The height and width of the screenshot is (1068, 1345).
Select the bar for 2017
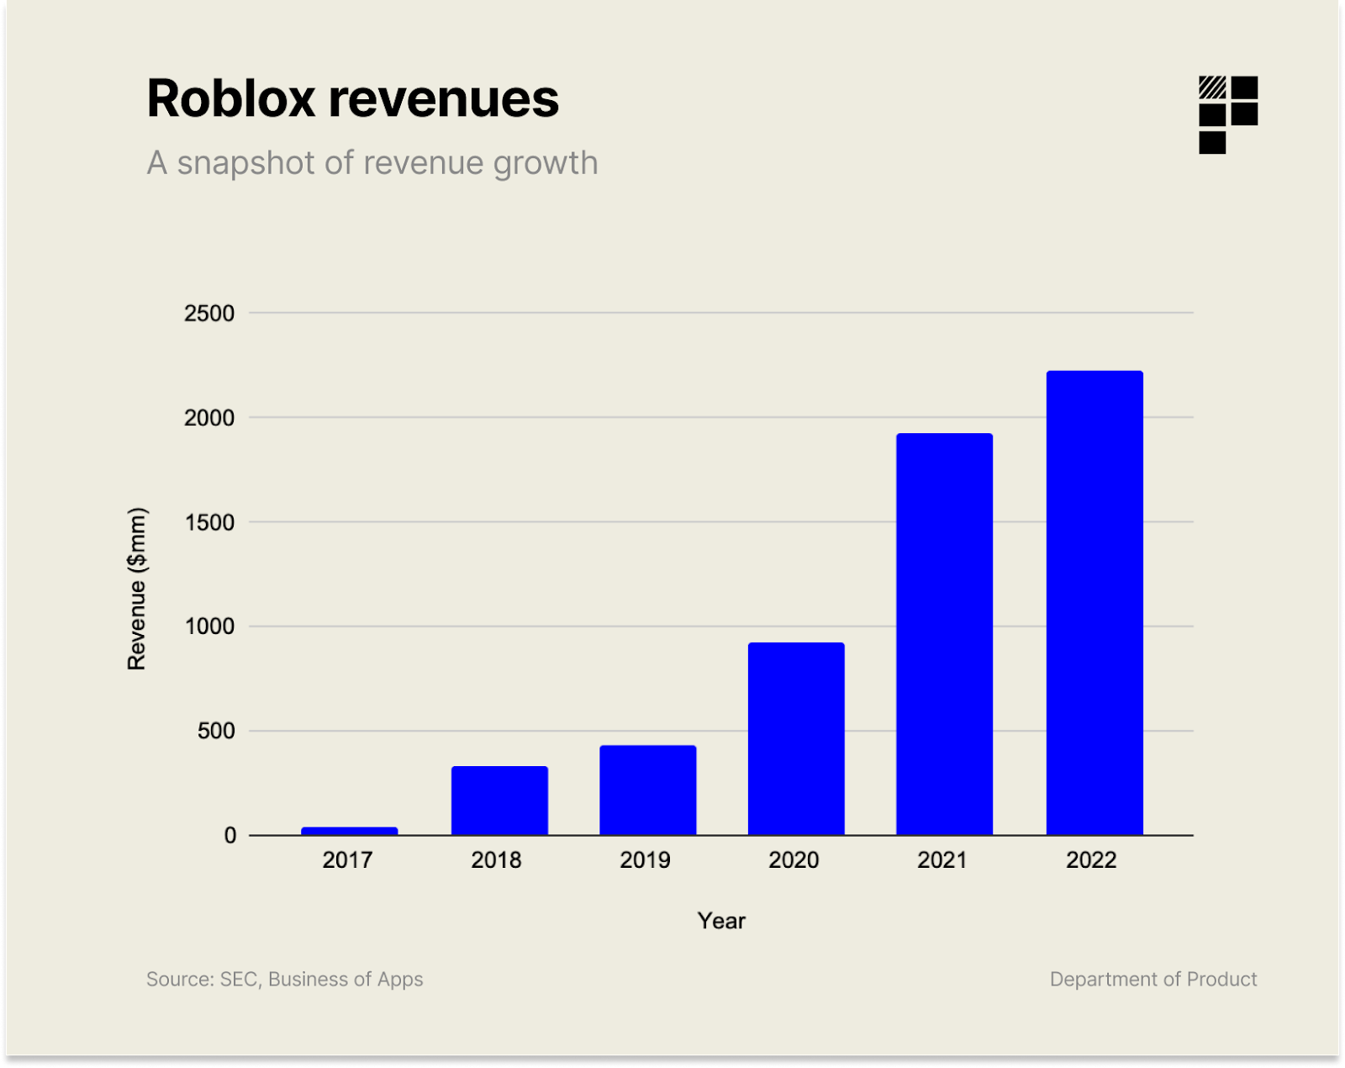349,831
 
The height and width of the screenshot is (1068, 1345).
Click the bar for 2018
499,800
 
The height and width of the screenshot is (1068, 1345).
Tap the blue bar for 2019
647,790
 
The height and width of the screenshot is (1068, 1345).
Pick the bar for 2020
796,738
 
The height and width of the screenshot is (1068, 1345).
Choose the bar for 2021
944,634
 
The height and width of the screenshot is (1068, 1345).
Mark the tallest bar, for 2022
1094,602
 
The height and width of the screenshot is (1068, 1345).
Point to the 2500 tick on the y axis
209,314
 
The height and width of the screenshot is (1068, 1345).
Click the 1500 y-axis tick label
209,522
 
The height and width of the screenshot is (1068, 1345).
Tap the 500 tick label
216,731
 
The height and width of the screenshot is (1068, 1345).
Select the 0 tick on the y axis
229,835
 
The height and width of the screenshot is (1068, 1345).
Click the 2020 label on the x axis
794,860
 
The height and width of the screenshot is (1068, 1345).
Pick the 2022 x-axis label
1091,860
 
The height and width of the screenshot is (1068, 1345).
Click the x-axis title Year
721,921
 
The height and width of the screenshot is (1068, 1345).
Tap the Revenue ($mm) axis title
137,589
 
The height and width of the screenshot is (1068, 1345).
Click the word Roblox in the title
231,98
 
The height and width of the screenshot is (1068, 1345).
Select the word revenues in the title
443,98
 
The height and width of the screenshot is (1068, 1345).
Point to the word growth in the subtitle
546,164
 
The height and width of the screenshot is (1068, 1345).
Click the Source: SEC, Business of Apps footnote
284,979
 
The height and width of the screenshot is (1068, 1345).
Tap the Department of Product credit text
1152,979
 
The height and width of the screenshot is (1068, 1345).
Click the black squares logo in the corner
1227,114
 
